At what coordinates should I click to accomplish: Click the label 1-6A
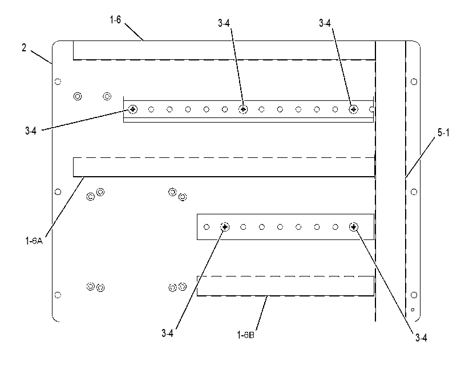coord(34,241)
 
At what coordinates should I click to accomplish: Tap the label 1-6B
coord(245,335)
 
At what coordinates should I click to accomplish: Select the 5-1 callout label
coord(443,132)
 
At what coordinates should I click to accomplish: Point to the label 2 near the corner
coord(24,48)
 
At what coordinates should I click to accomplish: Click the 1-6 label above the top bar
coord(115,20)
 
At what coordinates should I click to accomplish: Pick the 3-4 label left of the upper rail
coord(31,131)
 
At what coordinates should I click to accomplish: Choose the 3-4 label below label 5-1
coord(421,337)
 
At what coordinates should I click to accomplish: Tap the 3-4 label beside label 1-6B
coord(167,333)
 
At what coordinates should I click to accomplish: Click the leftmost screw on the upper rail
coord(133,109)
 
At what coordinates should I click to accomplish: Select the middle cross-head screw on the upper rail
coord(243,109)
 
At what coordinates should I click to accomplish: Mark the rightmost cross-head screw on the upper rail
coord(354,109)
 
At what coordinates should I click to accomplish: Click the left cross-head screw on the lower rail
coord(225,227)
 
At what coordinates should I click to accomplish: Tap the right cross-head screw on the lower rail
coord(354,227)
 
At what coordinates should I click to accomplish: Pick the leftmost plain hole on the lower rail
coord(207,227)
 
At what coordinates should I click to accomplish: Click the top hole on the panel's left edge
coord(58,82)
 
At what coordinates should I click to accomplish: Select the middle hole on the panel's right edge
coord(414,192)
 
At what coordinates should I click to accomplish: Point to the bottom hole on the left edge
coord(58,295)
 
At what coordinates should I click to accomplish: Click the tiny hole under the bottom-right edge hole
coord(413,310)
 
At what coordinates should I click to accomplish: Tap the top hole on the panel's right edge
coord(414,82)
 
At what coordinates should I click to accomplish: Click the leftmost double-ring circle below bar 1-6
coord(78,96)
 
